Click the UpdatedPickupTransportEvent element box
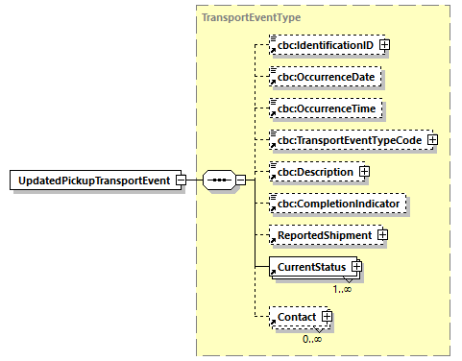pyautogui.click(x=96, y=180)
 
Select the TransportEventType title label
pyautogui.click(x=251, y=17)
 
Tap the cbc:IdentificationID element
pyautogui.click(x=325, y=44)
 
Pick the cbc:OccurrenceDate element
pyautogui.click(x=327, y=76)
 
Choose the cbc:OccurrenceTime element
pyautogui.click(x=327, y=108)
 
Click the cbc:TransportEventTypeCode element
pyautogui.click(x=347, y=139)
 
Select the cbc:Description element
pyautogui.click(x=315, y=171)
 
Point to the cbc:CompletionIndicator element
pyautogui.click(x=339, y=203)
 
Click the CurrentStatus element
pyautogui.click(x=308, y=265)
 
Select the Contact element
pyautogui.click(x=297, y=315)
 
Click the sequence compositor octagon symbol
pyautogui.click(x=219, y=180)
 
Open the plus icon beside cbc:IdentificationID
pyautogui.click(x=384, y=44)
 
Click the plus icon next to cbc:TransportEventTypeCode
pyautogui.click(x=431, y=139)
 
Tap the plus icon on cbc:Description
pyautogui.click(x=364, y=171)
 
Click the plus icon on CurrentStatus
pyautogui.click(x=355, y=265)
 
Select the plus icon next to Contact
pyautogui.click(x=328, y=315)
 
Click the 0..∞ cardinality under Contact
pyautogui.click(x=311, y=338)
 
